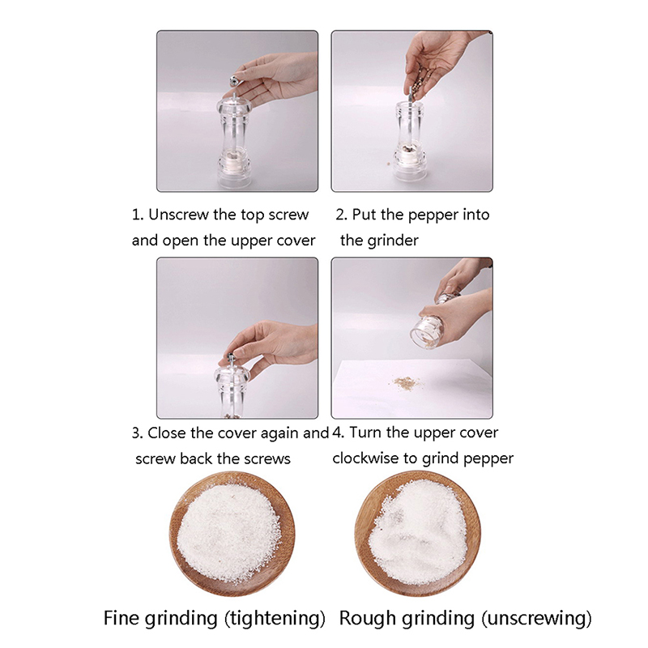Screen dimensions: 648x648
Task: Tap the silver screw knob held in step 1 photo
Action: (x=236, y=79)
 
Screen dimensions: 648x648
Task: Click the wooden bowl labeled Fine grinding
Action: (x=232, y=534)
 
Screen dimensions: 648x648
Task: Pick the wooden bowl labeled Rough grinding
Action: (x=418, y=534)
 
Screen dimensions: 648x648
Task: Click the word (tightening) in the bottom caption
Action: (x=275, y=619)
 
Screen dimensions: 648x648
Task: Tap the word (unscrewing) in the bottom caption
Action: (x=536, y=619)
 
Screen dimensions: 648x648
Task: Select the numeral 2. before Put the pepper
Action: (x=342, y=215)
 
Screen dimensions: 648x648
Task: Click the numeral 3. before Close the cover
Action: (x=138, y=433)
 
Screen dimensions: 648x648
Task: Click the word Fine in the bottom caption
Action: (x=119, y=618)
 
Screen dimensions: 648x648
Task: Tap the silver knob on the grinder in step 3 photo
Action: (x=231, y=356)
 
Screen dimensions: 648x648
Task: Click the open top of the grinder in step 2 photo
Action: (x=410, y=106)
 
